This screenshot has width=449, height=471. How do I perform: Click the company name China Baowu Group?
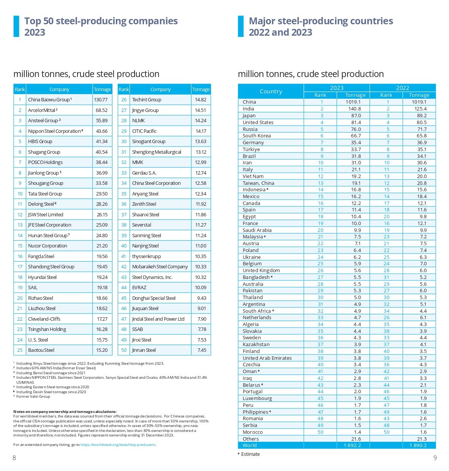[49, 100]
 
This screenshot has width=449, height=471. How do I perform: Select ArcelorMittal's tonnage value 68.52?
[101, 110]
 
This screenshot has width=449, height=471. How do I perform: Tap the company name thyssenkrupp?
[146, 257]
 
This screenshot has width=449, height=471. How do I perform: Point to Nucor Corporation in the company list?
[47, 246]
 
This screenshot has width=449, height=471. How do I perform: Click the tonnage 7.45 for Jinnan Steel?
[202, 350]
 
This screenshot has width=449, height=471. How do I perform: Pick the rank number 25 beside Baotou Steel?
[20, 350]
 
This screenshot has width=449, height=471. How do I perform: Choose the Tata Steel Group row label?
[45, 194]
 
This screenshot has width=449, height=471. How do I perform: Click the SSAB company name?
[138, 329]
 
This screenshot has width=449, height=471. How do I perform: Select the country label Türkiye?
[251, 150]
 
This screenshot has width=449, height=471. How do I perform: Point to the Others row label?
[251, 439]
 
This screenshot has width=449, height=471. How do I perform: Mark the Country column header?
[271, 91]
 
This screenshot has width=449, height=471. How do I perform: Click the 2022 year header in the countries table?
[402, 88]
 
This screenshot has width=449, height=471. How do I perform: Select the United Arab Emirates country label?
[267, 358]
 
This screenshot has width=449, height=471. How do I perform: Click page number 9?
[435, 458]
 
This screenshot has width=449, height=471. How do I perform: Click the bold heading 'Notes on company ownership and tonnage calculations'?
[65, 412]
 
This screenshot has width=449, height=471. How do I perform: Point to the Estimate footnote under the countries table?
[250, 454]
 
